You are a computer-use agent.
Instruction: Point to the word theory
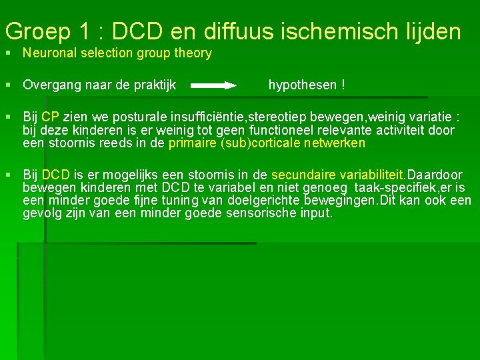click(x=193, y=53)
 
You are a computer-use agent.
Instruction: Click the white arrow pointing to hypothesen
click(x=214, y=85)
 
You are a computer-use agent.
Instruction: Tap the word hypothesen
click(x=303, y=85)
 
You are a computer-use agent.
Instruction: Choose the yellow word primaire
click(x=193, y=143)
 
